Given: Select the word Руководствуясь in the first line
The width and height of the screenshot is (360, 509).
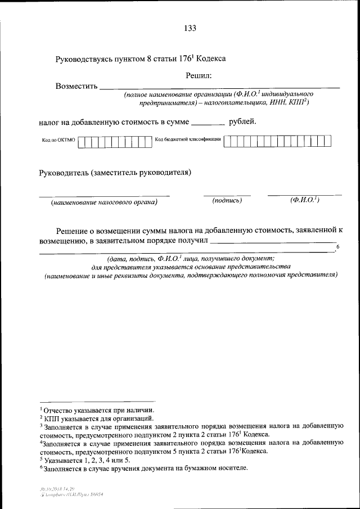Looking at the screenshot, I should click(x=83, y=58).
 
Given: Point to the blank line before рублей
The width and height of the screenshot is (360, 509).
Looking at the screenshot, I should click(x=208, y=122).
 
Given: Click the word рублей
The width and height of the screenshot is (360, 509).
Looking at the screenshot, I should click(x=242, y=120).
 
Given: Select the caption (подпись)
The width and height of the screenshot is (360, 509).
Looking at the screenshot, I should click(x=227, y=200).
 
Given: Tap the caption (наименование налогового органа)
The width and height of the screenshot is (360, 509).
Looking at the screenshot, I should click(x=103, y=201).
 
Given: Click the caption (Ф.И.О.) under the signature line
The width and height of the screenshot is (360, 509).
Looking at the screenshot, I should click(x=304, y=200).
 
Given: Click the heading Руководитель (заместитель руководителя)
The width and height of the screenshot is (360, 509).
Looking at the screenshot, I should click(x=115, y=172).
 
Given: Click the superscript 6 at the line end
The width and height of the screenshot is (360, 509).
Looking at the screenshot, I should click(x=337, y=247).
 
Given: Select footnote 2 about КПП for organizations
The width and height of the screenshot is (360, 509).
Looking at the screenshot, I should click(x=94, y=419).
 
